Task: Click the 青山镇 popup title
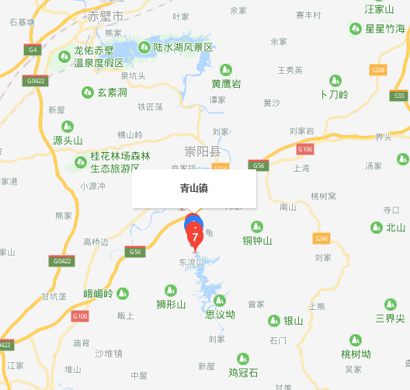[x=193, y=188]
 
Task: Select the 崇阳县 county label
[x=203, y=151]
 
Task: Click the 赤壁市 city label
[x=104, y=16]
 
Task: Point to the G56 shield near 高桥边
[x=136, y=252]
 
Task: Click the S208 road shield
[x=378, y=70]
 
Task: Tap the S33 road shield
[x=399, y=96]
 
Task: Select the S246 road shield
[x=322, y=238]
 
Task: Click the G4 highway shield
[x=32, y=50]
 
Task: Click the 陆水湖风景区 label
[x=182, y=47]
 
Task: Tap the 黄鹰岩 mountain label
[x=225, y=83]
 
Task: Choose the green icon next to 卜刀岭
[x=335, y=80]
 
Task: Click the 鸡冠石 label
[x=242, y=372]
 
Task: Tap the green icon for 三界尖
[x=390, y=305]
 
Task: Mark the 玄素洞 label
[x=112, y=92]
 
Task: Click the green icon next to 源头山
[x=67, y=126]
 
